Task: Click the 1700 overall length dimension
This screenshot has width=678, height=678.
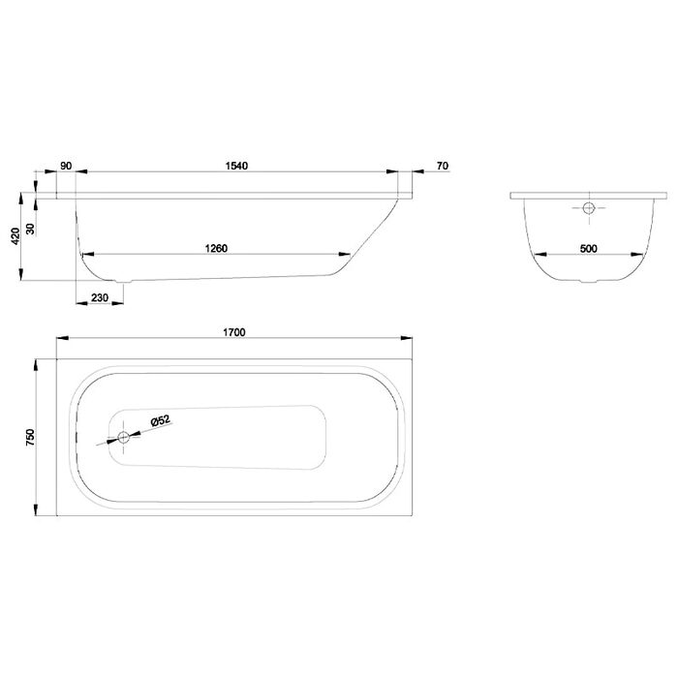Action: pyautogui.click(x=234, y=332)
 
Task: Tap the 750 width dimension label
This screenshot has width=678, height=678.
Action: pyautogui.click(x=30, y=437)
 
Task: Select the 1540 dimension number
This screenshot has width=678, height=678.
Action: pyautogui.click(x=236, y=166)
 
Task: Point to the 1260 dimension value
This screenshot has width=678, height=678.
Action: pyautogui.click(x=216, y=249)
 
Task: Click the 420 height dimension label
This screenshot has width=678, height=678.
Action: pyautogui.click(x=15, y=236)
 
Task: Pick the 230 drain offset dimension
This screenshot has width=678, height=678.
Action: pyautogui.click(x=100, y=297)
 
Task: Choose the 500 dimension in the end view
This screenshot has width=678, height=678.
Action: pyautogui.click(x=589, y=249)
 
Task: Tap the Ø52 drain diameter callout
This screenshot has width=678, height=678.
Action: pyautogui.click(x=161, y=420)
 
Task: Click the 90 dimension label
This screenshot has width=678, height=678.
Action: pyautogui.click(x=66, y=166)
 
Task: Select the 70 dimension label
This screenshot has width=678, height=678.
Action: pyautogui.click(x=443, y=166)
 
